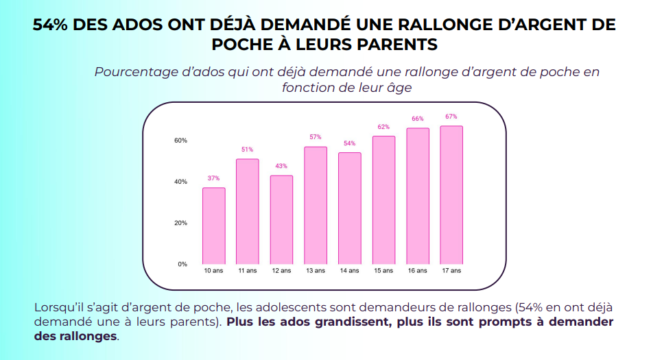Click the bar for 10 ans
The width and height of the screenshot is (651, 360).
213,226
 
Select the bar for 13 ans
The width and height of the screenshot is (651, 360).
316,205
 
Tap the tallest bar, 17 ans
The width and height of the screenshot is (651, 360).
451,195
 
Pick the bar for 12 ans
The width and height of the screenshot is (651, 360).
281,219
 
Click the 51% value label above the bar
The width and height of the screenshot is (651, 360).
247,149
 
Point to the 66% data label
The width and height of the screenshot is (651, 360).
417,119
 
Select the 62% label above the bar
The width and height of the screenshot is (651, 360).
383,127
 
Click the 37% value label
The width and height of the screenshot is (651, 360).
213,178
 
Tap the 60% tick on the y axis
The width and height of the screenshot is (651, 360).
180,141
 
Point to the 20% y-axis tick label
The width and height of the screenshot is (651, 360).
180,223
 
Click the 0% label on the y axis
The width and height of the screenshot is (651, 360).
182,264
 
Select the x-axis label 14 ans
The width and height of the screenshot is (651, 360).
349,271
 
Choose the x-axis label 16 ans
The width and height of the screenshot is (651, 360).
417,271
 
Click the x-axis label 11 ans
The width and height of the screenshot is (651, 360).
247,271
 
